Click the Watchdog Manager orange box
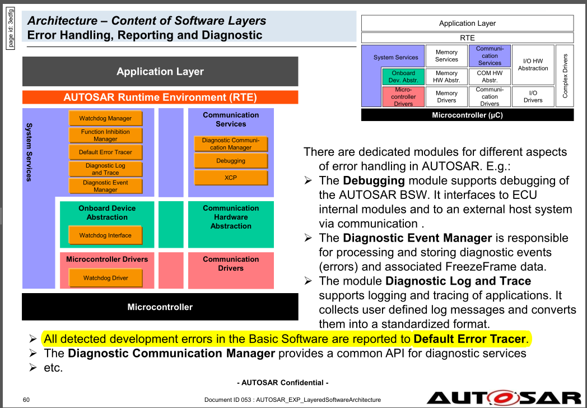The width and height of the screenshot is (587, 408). point(105,118)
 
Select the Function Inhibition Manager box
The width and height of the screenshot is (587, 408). point(105,135)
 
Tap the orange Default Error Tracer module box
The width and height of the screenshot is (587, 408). point(105,152)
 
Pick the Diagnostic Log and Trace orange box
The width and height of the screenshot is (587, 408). point(105,169)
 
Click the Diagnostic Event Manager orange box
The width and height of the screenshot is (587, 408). point(105,186)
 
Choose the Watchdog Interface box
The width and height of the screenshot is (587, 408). point(105,235)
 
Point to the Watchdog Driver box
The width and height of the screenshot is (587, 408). point(105,278)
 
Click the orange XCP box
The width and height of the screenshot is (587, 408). point(231,178)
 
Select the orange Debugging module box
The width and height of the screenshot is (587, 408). point(231,161)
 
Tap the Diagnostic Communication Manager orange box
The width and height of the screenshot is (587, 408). point(231,144)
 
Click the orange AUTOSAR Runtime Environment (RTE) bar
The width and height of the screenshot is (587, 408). point(160,97)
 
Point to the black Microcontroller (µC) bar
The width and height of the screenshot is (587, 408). point(467,115)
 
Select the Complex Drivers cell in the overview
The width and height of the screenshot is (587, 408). point(565,76)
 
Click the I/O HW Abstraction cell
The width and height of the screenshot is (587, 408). point(533,64)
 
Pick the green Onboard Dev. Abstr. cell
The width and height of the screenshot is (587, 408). point(403,76)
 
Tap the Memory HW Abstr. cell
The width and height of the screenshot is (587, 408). point(446,76)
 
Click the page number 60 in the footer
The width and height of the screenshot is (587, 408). point(26,400)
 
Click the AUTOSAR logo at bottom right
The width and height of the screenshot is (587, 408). point(504,398)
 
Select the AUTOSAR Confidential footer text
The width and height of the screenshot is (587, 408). point(282,382)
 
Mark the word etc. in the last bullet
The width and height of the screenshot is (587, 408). point(53,368)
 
